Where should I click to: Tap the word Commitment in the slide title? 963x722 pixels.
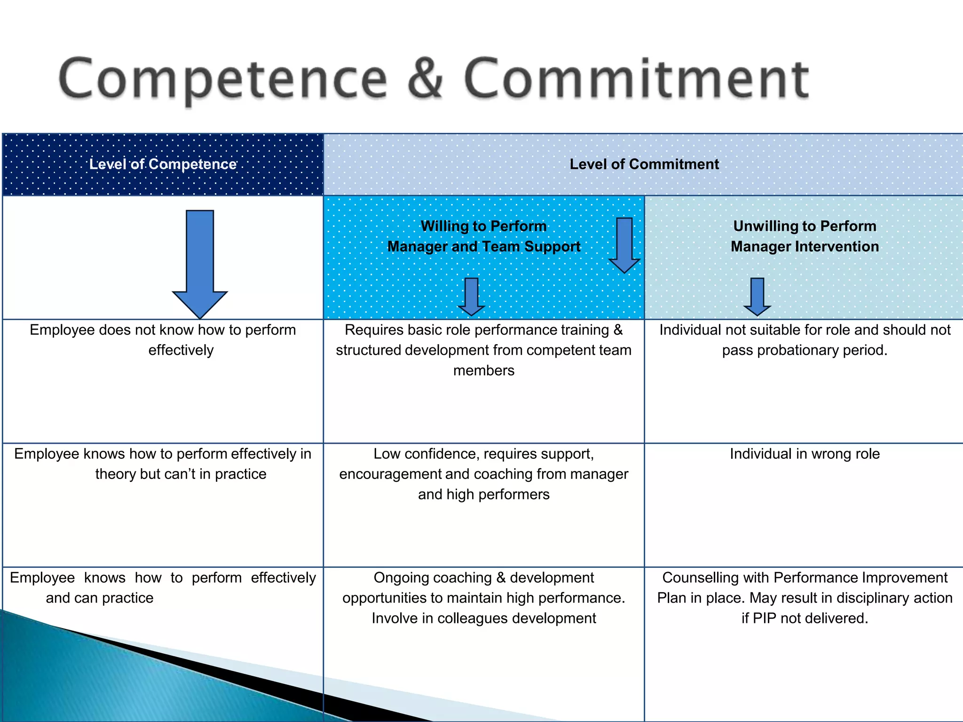(636, 78)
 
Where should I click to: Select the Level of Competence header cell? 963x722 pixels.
(163, 164)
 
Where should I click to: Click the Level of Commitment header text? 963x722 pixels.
(644, 164)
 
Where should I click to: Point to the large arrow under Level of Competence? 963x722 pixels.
(200, 263)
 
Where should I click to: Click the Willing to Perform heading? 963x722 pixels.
(483, 226)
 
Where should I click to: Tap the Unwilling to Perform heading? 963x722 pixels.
(805, 226)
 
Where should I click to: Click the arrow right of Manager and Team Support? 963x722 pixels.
(624, 245)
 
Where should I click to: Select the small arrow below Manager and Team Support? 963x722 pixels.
(471, 297)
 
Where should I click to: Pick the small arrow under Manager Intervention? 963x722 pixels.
(757, 297)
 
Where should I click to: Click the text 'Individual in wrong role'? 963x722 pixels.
(805, 454)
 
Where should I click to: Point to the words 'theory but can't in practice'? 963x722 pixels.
(181, 474)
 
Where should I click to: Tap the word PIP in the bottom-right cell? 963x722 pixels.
(765, 618)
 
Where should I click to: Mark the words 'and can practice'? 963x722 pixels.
(100, 598)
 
